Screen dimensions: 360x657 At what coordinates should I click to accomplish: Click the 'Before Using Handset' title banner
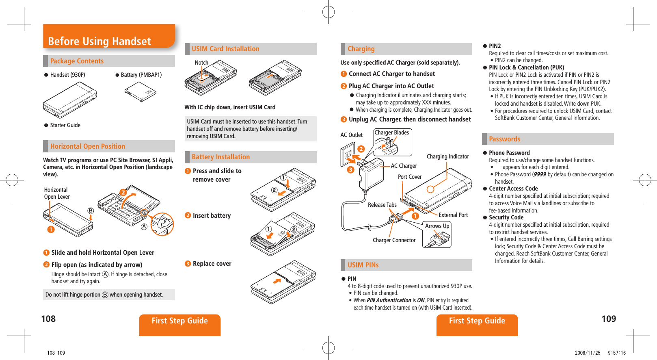tap(99, 41)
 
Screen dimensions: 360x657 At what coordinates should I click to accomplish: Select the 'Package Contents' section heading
tap(77, 61)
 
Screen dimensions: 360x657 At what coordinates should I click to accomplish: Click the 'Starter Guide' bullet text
tap(65, 125)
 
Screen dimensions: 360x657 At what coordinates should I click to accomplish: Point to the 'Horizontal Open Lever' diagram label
tap(57, 193)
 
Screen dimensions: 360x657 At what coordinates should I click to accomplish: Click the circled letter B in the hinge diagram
tap(91, 210)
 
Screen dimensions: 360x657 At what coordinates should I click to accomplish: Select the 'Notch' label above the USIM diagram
tap(201, 63)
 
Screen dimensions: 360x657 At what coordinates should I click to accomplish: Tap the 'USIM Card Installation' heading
tap(225, 49)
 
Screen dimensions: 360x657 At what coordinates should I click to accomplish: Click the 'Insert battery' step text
tap(212, 216)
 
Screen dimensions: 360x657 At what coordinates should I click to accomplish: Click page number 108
tap(48, 319)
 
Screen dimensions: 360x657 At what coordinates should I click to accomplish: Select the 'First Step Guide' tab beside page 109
tap(477, 321)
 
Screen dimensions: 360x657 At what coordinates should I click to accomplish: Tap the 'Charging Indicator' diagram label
tap(447, 156)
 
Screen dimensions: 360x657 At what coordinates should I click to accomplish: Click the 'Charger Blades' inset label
tap(391, 132)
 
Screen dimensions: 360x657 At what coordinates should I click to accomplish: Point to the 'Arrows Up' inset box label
tap(437, 226)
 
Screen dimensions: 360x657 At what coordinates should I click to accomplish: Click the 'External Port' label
tap(453, 215)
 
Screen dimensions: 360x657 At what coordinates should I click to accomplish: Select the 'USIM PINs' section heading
tap(363, 265)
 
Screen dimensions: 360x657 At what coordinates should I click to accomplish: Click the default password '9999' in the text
tap(540, 174)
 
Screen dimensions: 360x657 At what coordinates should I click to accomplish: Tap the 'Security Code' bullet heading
tap(506, 217)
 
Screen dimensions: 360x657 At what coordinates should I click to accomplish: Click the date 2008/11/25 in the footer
tap(587, 353)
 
